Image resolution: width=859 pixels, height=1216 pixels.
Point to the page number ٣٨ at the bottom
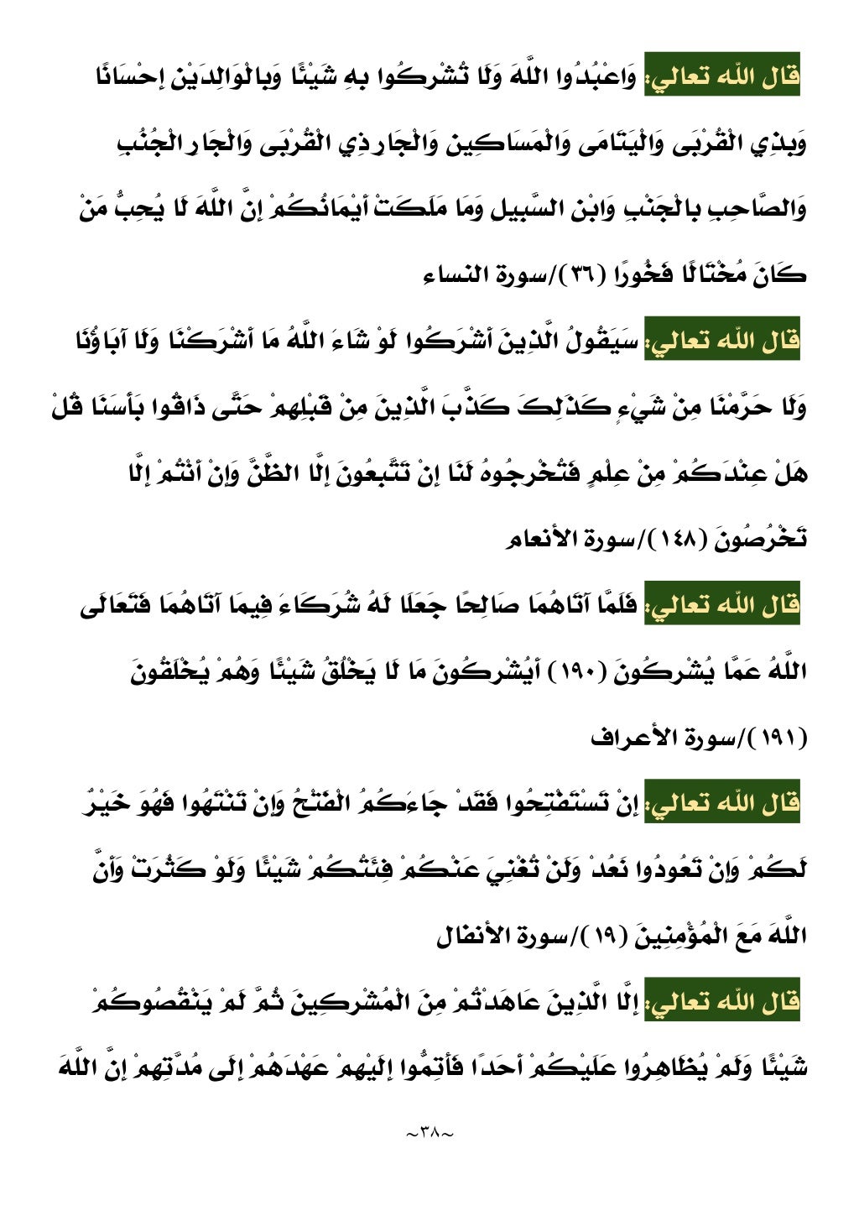pyautogui.click(x=429, y=1134)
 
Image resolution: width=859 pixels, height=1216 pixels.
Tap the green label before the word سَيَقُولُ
pyautogui.click(x=722, y=340)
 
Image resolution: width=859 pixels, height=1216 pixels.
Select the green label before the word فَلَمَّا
pyautogui.click(x=722, y=604)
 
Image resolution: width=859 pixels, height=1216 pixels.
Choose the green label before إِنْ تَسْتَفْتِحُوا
pyautogui.click(x=722, y=802)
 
